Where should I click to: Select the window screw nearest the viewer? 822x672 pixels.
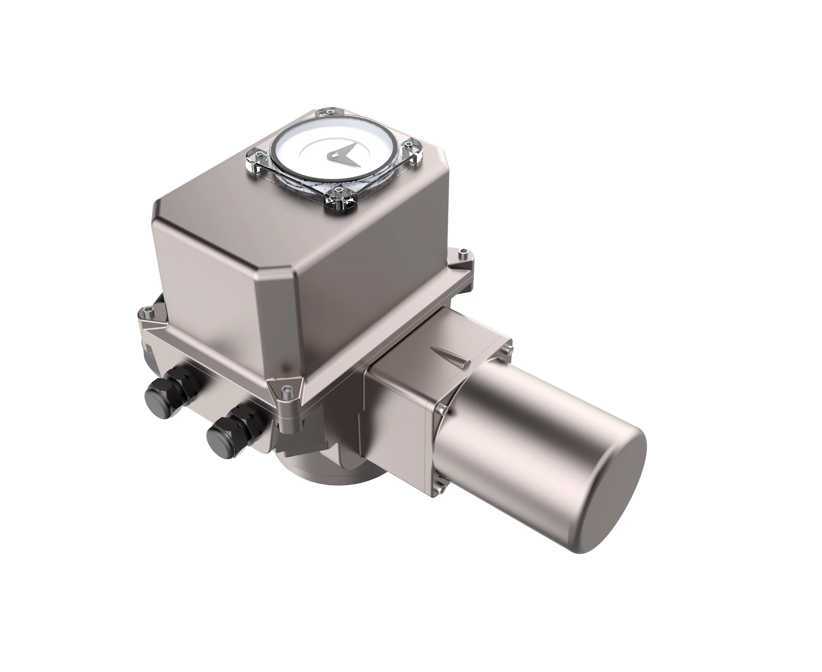(x=339, y=190)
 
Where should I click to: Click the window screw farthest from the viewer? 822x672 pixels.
(x=329, y=112)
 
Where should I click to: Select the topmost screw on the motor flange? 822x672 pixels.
(x=508, y=351)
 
